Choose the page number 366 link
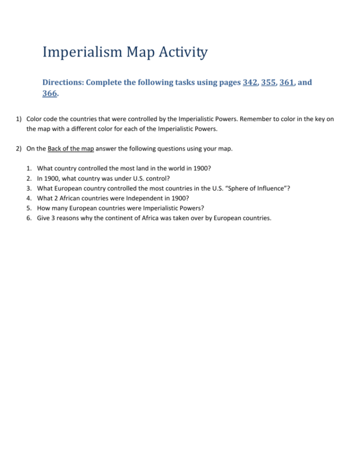(x=50, y=94)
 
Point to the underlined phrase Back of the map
(x=71, y=148)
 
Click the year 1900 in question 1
(x=200, y=169)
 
